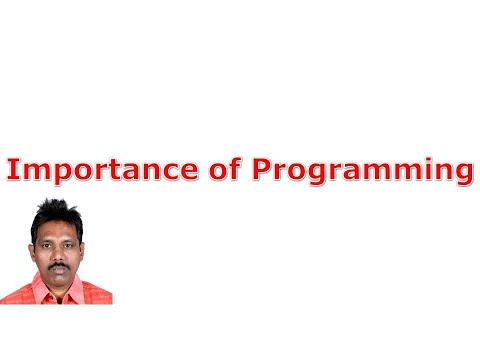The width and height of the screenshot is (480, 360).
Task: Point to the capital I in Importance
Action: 13,169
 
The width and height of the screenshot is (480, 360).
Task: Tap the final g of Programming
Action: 459,174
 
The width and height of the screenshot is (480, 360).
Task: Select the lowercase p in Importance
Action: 55,174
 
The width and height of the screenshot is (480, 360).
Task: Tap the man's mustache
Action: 59,265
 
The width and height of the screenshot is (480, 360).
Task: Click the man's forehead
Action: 57,228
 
